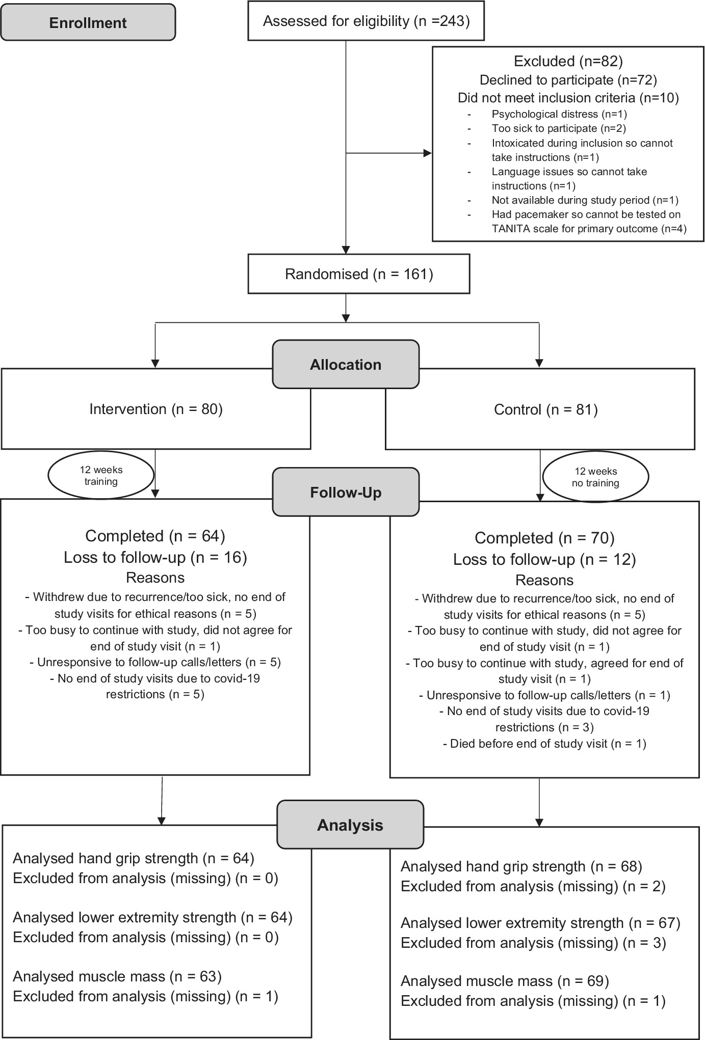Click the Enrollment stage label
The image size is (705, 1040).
pos(88,22)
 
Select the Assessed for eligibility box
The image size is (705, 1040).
pos(366,21)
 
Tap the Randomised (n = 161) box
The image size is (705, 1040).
pos(359,274)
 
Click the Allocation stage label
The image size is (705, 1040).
pos(346,365)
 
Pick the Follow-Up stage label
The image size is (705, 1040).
pos(346,492)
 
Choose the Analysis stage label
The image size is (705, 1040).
pos(350,825)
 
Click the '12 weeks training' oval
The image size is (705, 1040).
pos(101,476)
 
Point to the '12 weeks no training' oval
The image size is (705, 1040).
pos(595,477)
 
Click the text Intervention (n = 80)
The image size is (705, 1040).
pos(156,409)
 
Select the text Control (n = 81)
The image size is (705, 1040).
pos(546,409)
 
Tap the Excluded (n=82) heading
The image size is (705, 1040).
pos(568,62)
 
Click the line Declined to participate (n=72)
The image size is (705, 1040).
pos(568,80)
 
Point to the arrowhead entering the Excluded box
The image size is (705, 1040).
pos(428,153)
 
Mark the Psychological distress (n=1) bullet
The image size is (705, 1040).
pos(559,114)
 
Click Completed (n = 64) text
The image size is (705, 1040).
pos(155,536)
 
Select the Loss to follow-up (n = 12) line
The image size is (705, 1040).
pos(545,559)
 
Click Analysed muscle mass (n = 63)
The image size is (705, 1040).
pos(117,976)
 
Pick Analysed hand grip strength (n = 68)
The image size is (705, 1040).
pos(521,866)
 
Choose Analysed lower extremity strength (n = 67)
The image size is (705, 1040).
pos(541,923)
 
